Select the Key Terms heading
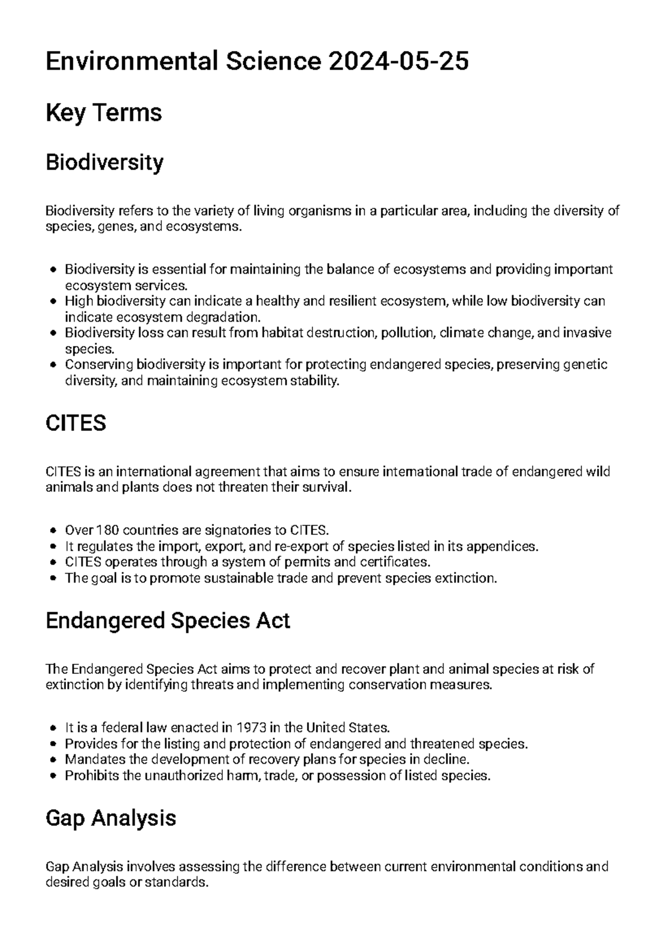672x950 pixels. tap(104, 113)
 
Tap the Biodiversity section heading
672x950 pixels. tap(105, 162)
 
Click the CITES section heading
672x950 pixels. tap(76, 423)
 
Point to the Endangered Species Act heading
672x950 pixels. tap(167, 621)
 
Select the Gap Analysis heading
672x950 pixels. tap(111, 818)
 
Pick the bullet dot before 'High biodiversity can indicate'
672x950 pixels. tap(53, 301)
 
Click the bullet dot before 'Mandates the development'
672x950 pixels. tap(53, 760)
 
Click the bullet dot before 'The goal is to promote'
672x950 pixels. tap(53, 578)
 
